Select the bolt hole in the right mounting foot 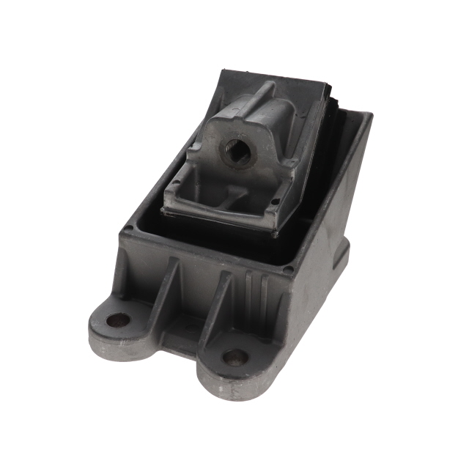[x=235, y=358]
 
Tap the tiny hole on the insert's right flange [x=276, y=199]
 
